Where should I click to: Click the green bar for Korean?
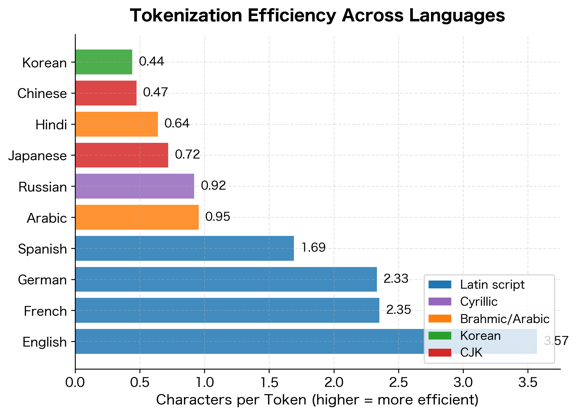click(x=104, y=62)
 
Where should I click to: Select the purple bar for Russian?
click(x=135, y=186)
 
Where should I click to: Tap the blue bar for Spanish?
click(x=184, y=248)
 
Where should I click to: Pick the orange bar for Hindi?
click(x=117, y=124)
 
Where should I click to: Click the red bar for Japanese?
click(x=122, y=155)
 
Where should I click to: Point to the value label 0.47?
click(x=155, y=92)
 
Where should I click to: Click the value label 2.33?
click(x=396, y=279)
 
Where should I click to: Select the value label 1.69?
click(x=313, y=248)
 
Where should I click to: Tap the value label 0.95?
click(x=218, y=217)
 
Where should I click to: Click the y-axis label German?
click(x=42, y=280)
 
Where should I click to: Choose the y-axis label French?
click(x=45, y=311)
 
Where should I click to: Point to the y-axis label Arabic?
click(x=47, y=218)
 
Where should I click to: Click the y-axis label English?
click(x=45, y=342)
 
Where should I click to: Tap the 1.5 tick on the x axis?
click(x=269, y=383)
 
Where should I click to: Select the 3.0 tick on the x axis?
click(x=463, y=383)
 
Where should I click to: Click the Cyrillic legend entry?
click(x=479, y=302)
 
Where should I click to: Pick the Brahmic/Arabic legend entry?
click(x=505, y=319)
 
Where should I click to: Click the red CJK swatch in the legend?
click(x=440, y=353)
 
